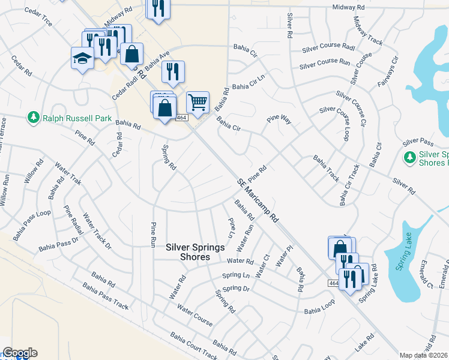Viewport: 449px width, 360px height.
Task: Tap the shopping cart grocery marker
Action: [x=197, y=101]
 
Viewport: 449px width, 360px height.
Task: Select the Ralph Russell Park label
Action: [x=77, y=118]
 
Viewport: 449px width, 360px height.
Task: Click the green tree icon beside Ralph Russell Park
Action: [x=34, y=118]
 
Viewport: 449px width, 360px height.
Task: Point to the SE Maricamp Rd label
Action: [x=259, y=200]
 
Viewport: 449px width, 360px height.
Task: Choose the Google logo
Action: [x=20, y=353]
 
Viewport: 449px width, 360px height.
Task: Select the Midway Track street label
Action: [x=367, y=31]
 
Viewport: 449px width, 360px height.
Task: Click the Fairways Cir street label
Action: [x=388, y=72]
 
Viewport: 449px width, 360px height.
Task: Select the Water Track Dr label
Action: [x=96, y=230]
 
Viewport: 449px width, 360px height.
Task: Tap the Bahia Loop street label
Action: [x=318, y=311]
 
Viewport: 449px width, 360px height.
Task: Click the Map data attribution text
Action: [x=424, y=355]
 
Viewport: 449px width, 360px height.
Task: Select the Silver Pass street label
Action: [x=418, y=142]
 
